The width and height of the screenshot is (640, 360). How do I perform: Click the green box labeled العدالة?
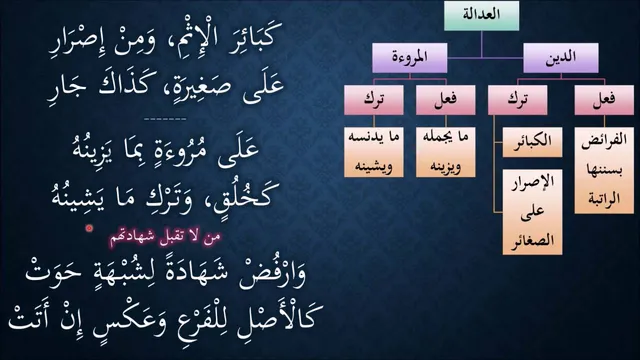click(481, 16)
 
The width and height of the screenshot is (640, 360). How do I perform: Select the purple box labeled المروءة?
click(410, 58)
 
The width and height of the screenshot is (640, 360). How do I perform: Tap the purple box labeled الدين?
click(561, 58)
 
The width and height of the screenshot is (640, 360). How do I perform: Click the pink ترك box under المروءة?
click(374, 100)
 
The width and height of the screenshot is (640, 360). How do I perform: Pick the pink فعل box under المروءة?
click(446, 100)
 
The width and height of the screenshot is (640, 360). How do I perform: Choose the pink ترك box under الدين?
click(518, 100)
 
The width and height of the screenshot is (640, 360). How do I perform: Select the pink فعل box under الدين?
click(604, 100)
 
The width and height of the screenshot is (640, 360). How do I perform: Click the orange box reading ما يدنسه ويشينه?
click(374, 152)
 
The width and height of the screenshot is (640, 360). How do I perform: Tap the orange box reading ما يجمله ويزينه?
click(446, 152)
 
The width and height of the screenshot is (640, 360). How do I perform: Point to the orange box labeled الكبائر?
click(532, 142)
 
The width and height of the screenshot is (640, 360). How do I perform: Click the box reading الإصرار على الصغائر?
click(532, 212)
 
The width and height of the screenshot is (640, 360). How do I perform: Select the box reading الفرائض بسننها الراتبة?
click(604, 171)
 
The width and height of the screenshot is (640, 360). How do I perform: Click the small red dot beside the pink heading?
click(89, 229)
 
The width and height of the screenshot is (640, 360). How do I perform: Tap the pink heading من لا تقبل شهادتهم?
click(165, 238)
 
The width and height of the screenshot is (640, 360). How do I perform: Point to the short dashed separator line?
click(165, 119)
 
